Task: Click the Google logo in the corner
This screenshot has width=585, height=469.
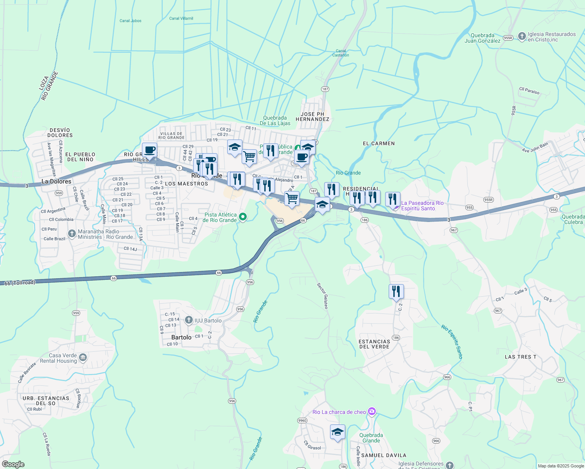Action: (x=13, y=464)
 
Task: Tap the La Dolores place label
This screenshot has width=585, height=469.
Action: (x=56, y=181)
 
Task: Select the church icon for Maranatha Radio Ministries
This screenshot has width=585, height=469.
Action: (x=72, y=234)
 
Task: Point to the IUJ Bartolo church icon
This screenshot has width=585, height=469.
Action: (x=189, y=320)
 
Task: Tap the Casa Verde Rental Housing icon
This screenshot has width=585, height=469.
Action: (x=83, y=358)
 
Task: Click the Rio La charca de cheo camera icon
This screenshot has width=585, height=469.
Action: (x=372, y=411)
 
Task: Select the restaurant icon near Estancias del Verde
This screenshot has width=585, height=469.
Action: (x=396, y=292)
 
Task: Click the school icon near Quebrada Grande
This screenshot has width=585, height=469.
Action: (x=337, y=432)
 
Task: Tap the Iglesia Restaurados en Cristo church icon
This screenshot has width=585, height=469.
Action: (x=522, y=36)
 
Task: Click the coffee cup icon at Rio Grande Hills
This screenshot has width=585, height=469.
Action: (x=149, y=150)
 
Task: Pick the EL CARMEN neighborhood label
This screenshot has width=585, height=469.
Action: (x=379, y=143)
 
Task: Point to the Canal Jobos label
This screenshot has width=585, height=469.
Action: (x=130, y=21)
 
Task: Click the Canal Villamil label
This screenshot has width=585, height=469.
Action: (x=181, y=18)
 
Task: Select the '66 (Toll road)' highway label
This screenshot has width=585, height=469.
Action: (x=20, y=283)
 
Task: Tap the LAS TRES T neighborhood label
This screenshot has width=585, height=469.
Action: (x=520, y=357)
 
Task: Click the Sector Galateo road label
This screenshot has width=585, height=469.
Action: (x=323, y=296)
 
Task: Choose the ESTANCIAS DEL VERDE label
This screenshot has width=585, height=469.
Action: (x=374, y=344)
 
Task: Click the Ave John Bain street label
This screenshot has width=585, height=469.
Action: (x=535, y=147)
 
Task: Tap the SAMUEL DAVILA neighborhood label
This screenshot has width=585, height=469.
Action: (x=384, y=455)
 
